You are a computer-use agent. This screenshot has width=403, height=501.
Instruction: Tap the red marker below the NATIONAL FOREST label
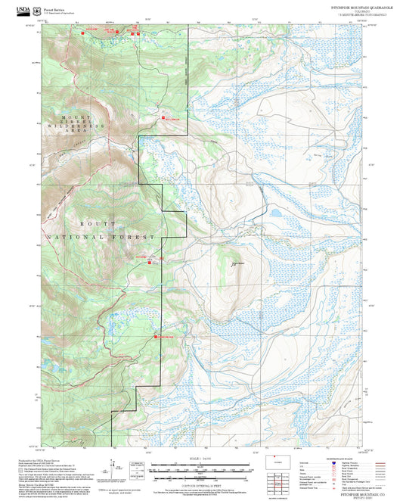click(149, 262)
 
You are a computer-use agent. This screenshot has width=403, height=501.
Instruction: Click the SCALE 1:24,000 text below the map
click(201, 456)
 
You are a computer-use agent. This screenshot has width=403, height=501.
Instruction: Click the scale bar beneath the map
click(201, 467)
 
